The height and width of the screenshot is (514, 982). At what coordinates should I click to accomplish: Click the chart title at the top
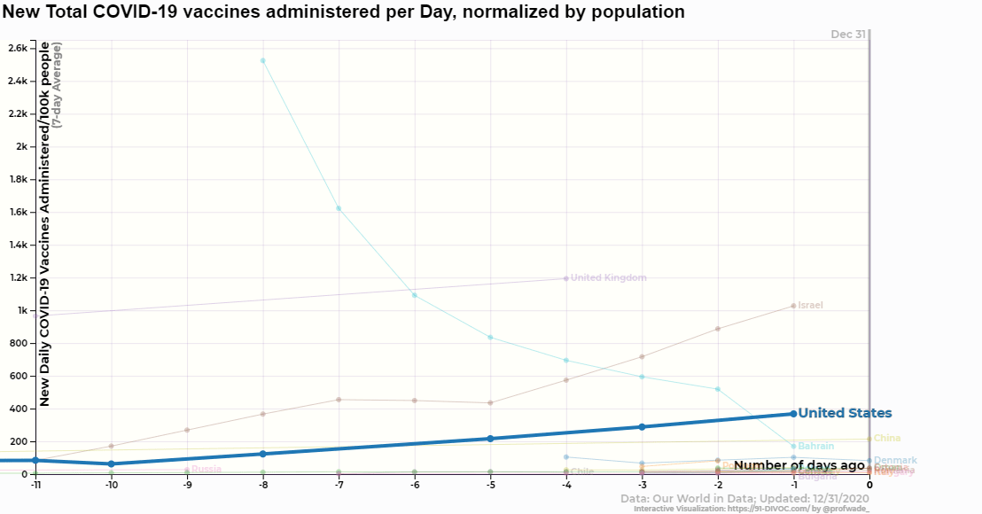click(x=343, y=12)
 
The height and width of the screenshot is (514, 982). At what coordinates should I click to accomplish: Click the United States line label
click(x=845, y=414)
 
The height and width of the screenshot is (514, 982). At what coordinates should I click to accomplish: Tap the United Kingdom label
click(x=608, y=278)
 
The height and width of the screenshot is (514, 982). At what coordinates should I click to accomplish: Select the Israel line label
click(x=810, y=306)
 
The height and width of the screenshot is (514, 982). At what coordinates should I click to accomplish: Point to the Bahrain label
click(x=816, y=447)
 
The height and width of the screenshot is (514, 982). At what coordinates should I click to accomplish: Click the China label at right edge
click(x=886, y=439)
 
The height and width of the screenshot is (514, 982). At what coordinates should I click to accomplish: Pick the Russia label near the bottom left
click(x=206, y=470)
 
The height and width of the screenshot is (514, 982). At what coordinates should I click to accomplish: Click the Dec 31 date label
click(x=848, y=35)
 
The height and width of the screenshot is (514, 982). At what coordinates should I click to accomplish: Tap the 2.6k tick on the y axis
click(x=17, y=48)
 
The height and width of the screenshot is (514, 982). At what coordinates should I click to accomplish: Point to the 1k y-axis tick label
click(x=20, y=311)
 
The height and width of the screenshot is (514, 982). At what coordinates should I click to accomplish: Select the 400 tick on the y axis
click(x=18, y=409)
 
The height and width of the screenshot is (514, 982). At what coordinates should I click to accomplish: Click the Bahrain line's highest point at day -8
click(x=262, y=60)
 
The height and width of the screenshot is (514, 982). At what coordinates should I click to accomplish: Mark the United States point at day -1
click(x=794, y=414)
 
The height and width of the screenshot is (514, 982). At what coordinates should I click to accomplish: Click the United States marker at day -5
click(x=490, y=439)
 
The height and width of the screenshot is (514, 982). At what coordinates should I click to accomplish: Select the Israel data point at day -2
click(x=718, y=329)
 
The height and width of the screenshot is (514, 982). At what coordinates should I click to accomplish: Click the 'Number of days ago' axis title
click(x=799, y=466)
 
